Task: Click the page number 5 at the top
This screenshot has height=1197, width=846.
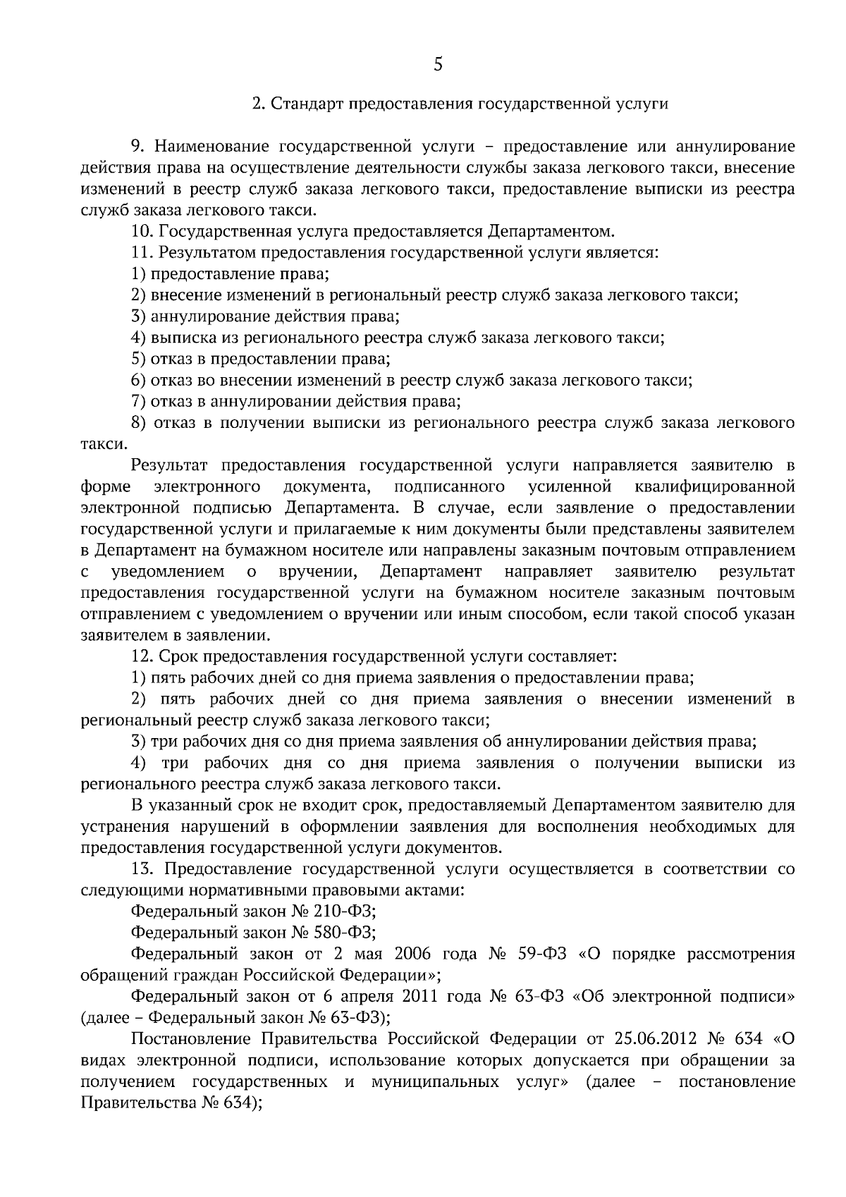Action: coord(438,65)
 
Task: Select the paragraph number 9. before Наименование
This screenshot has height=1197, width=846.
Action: coord(138,147)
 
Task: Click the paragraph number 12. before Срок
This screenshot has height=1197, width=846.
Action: coord(142,656)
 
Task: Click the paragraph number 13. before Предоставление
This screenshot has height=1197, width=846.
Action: coord(142,869)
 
